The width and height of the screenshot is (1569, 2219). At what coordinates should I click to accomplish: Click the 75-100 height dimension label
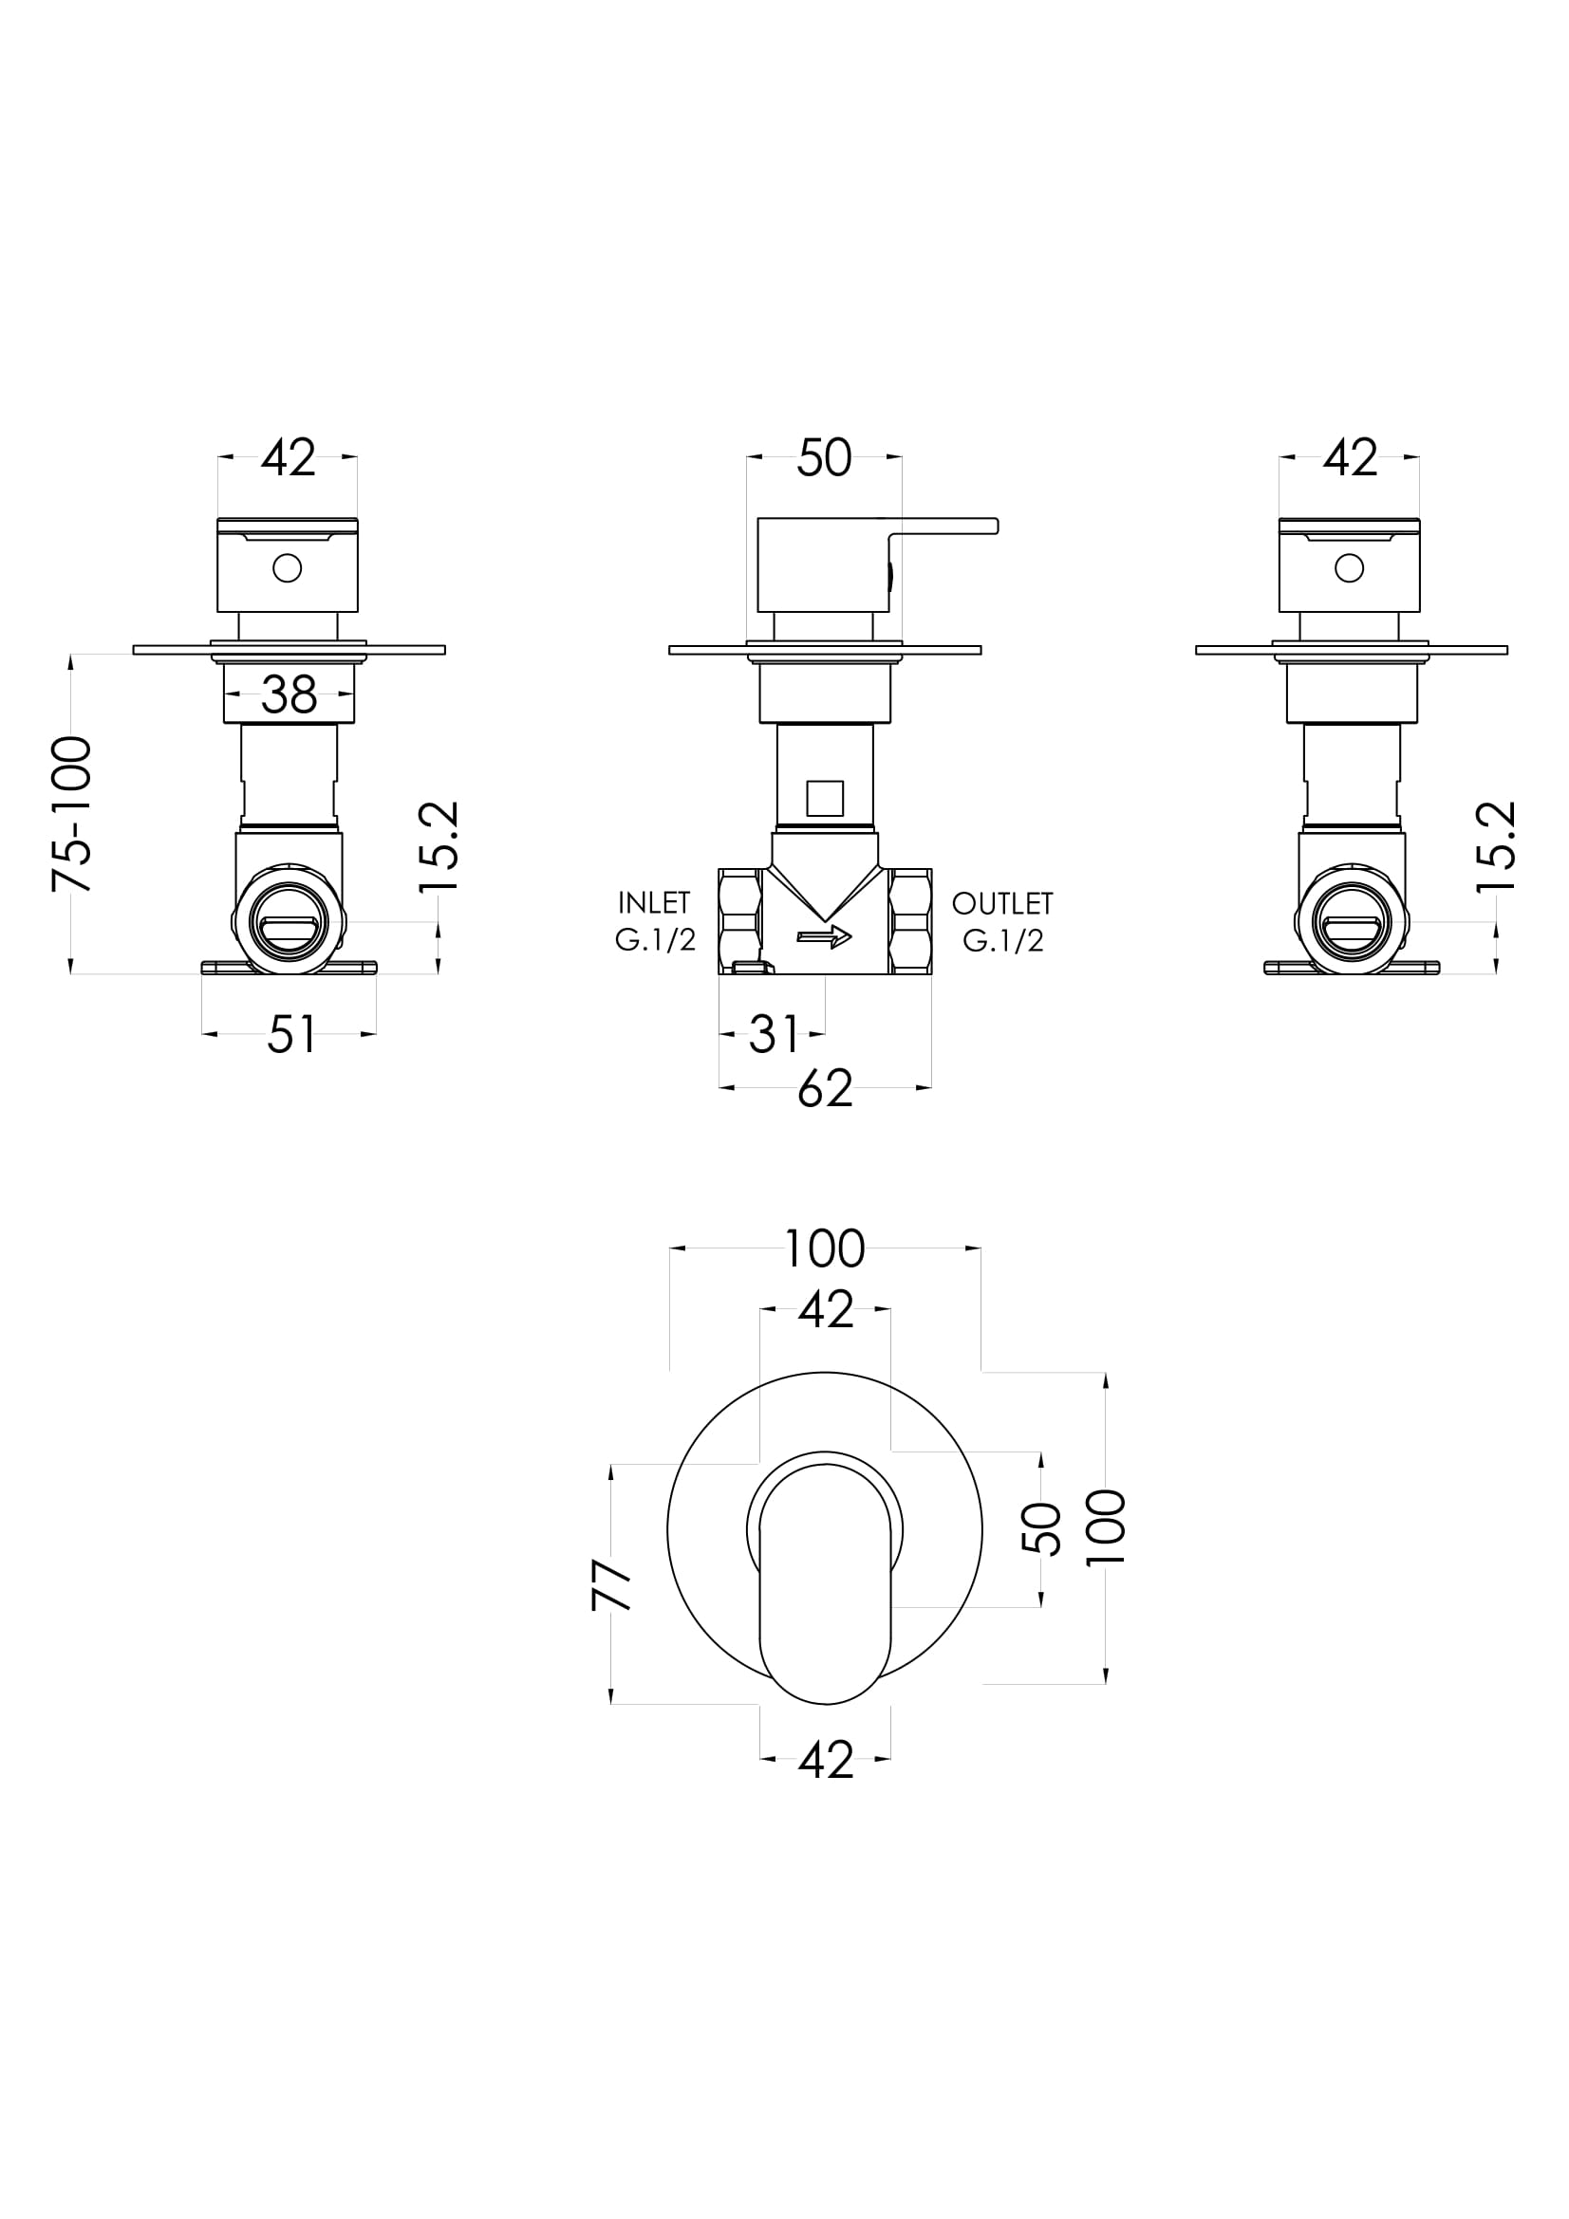(72, 814)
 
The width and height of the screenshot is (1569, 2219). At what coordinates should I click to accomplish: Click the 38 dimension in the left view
(290, 693)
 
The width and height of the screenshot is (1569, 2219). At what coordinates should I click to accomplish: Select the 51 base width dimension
(291, 1035)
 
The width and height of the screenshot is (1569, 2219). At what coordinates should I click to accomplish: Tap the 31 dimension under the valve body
(774, 1035)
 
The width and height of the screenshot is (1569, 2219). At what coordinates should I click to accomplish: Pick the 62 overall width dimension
(825, 1089)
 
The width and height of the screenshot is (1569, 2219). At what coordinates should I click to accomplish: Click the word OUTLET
(1002, 904)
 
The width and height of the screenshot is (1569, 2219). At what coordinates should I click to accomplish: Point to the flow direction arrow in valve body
(824, 935)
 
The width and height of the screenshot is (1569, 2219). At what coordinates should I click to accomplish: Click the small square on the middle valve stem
(825, 798)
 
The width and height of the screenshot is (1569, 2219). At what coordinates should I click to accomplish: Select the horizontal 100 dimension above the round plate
(824, 1248)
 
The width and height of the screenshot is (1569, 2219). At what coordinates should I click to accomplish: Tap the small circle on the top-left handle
(287, 568)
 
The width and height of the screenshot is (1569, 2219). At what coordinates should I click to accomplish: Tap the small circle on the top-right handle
(1350, 568)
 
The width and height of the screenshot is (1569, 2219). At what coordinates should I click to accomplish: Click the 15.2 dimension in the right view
(1498, 847)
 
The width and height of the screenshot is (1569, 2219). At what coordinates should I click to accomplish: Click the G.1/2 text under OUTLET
(1003, 940)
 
